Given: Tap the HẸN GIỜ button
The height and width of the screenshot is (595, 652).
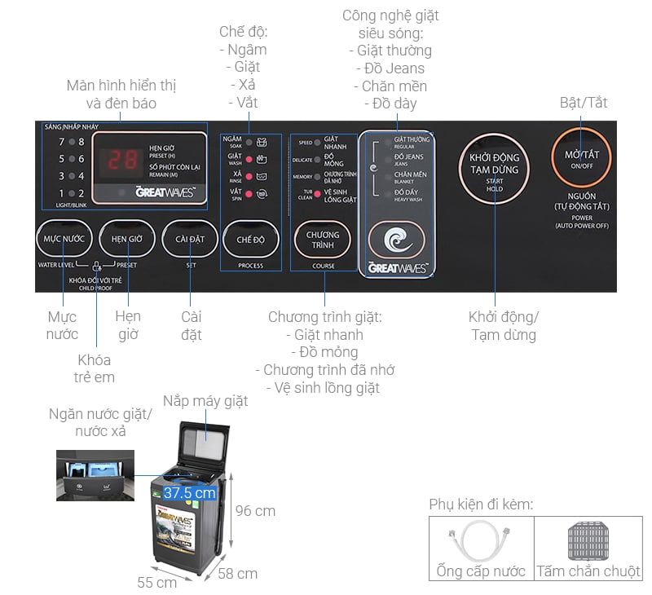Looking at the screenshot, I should click(126, 240).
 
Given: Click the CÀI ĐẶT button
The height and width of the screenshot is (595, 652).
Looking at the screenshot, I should click(189, 240).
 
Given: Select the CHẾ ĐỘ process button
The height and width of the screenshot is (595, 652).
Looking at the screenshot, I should click(251, 240).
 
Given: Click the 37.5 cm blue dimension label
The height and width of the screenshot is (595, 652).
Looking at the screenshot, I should click(189, 493).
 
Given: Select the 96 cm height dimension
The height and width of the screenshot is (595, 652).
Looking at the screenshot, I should click(254, 511).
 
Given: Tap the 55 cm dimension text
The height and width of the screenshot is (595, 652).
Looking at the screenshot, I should click(158, 583).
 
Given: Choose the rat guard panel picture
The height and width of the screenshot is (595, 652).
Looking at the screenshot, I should click(588, 539).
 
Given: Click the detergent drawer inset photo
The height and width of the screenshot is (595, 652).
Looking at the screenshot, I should click(95, 474).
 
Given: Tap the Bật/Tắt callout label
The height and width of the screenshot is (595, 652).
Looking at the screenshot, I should click(583, 104).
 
